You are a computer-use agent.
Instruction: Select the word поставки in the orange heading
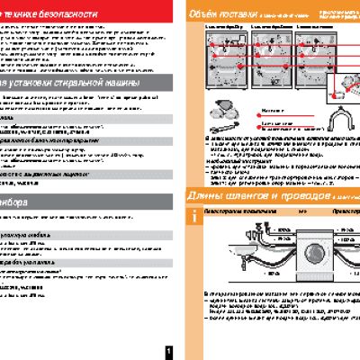click(238, 14)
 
